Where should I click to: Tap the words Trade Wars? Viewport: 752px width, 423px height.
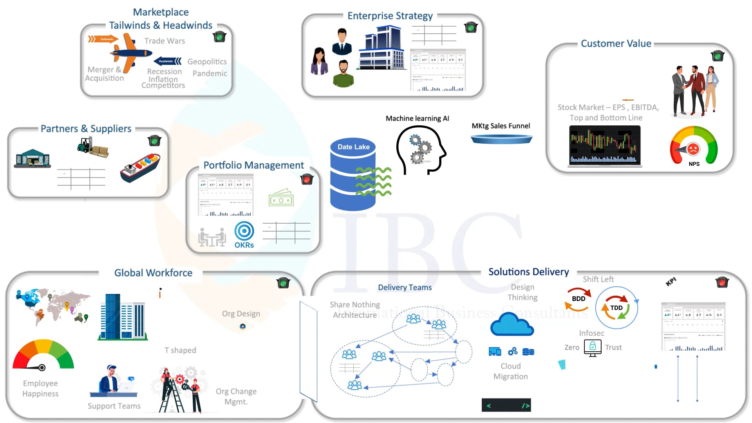pos(164,41)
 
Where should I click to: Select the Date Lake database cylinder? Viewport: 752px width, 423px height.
pos(352,174)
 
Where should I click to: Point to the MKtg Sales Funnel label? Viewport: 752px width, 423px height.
pos(501,126)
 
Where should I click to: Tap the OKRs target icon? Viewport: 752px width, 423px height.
pos(244,231)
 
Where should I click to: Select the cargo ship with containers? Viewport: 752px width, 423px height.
pos(140,168)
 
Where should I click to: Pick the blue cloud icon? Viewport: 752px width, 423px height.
pos(512,325)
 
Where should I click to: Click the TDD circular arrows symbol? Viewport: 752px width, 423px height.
pos(616,308)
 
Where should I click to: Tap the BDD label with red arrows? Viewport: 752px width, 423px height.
pos(578,299)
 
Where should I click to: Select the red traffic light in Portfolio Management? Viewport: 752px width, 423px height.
pos(307,179)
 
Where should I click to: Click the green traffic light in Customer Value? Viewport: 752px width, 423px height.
pos(718,56)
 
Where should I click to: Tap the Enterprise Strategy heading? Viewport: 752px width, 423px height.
pos(390,16)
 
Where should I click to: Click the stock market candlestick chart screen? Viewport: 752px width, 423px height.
pos(605,145)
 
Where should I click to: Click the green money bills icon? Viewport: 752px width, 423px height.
pos(281,198)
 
